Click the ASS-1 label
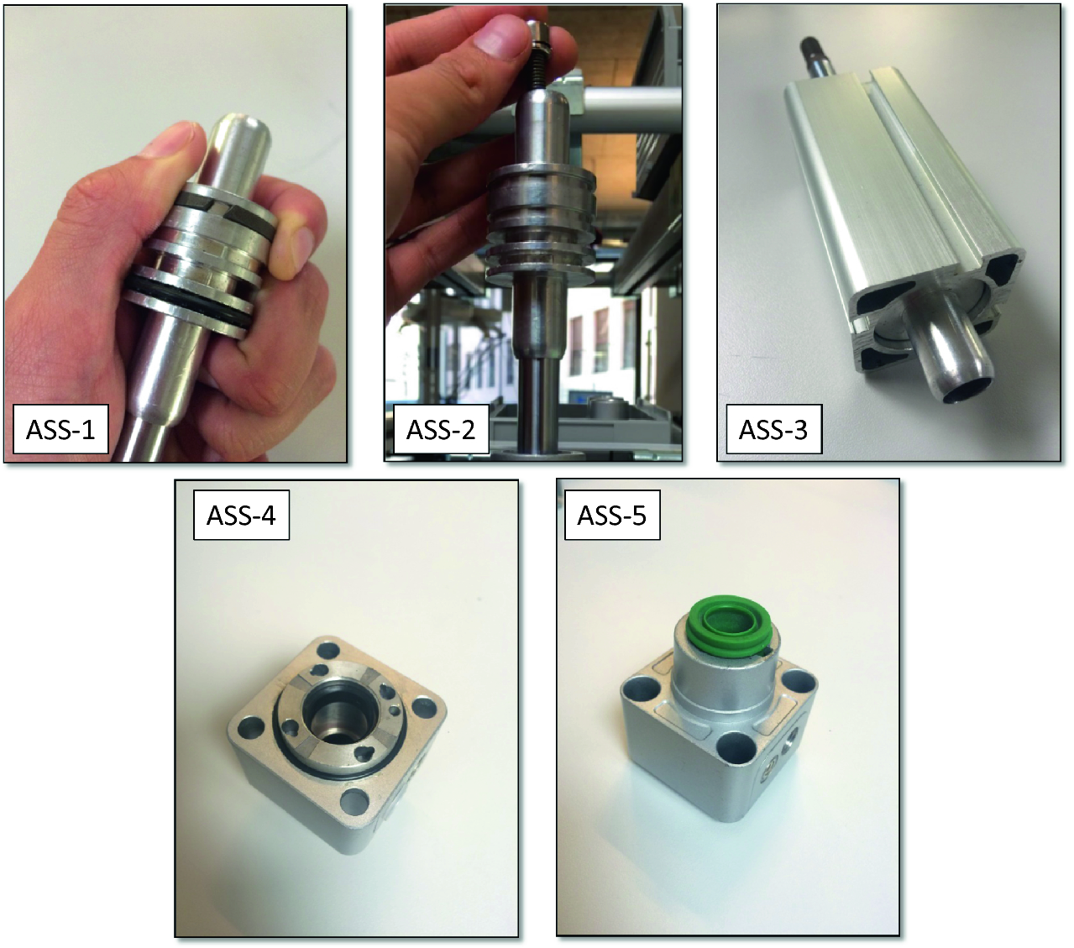(60, 430)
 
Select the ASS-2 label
(441, 430)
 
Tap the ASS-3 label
(773, 430)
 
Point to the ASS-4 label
(241, 516)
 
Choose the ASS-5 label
(612, 516)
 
